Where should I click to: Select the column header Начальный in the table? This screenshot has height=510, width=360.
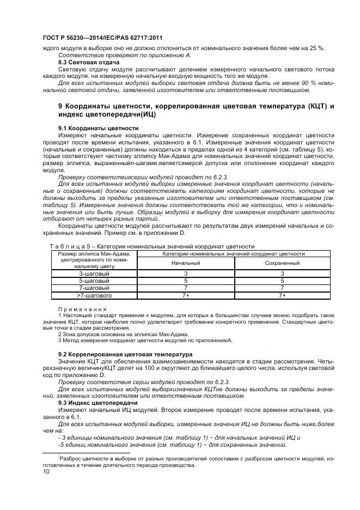[186, 263]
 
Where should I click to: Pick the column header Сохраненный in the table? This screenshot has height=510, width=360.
[282, 263]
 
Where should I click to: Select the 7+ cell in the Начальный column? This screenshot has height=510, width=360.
[186, 295]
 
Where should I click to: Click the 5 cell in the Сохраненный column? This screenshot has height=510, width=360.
[282, 280]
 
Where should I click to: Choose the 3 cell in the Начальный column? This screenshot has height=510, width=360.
[186, 273]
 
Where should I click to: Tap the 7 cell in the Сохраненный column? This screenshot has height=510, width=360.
[282, 288]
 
